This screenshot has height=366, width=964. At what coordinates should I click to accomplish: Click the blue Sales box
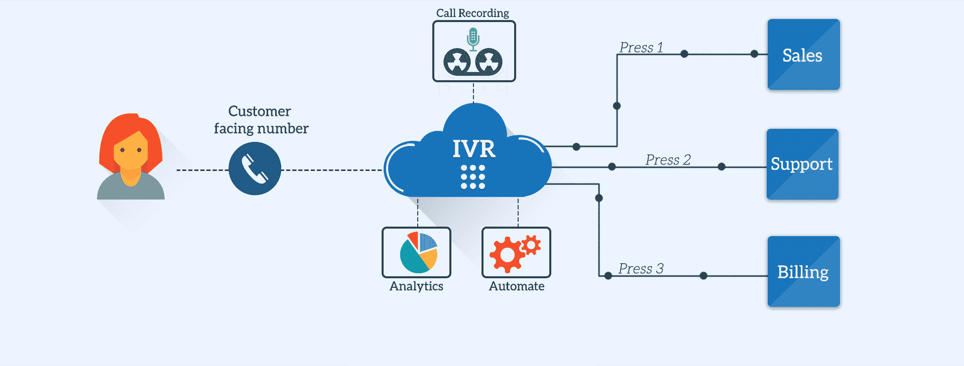803,55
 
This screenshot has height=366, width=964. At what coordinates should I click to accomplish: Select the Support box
802,164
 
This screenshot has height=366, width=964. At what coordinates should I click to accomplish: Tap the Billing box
803,272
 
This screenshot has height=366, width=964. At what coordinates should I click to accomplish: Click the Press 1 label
641,48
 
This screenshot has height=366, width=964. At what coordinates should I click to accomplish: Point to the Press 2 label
668,160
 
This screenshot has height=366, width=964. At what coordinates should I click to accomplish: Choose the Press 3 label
641,269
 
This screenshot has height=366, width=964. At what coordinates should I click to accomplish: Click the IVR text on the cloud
473,149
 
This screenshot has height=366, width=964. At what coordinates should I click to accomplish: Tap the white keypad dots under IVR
473,177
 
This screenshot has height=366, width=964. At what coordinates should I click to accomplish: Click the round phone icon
255,168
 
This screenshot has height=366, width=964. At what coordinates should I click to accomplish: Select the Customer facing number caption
261,120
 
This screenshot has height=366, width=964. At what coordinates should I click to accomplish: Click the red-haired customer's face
131,150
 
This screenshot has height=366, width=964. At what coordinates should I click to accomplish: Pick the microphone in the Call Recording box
473,38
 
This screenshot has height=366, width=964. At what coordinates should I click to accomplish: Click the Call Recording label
472,13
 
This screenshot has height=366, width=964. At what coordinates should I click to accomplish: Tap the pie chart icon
419,253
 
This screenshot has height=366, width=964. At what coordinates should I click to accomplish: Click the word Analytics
416,286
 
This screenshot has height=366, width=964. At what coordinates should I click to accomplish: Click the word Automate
517,286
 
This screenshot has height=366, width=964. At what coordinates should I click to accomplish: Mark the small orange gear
531,245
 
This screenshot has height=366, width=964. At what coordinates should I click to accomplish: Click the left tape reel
457,62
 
